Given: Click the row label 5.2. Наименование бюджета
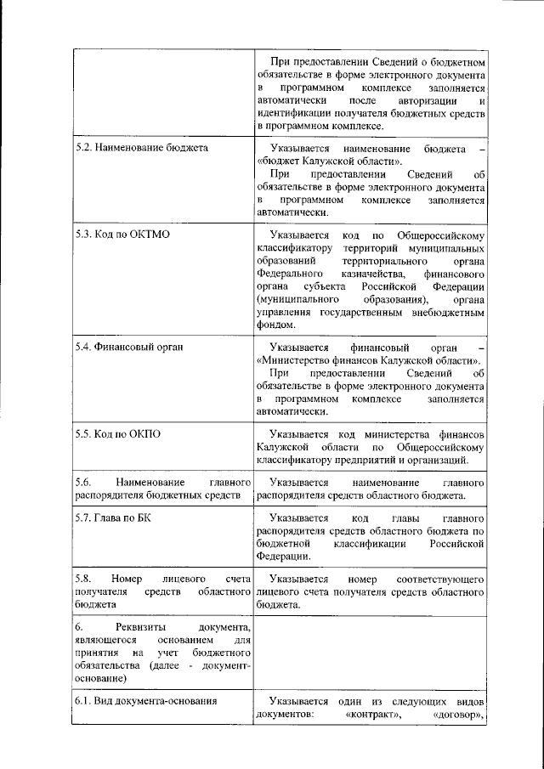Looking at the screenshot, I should coord(141,148).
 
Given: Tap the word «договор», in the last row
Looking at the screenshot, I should coord(459,715).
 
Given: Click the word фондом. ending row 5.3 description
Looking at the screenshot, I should coord(275,325).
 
